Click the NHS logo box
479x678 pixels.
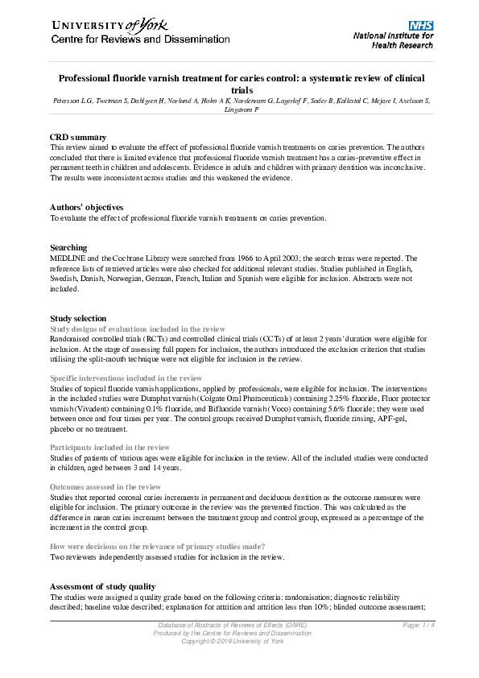pyautogui.click(x=420, y=26)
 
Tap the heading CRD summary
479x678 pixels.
pyautogui.click(x=78, y=138)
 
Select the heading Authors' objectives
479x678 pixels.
pyautogui.click(x=86, y=208)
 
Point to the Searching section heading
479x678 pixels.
pyautogui.click(x=68, y=247)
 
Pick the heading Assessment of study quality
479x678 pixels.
pyautogui.click(x=102, y=586)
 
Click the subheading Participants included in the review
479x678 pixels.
pyautogui.click(x=109, y=447)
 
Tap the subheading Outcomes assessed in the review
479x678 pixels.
pyautogui.click(x=105, y=486)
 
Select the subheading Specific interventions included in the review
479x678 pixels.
pyautogui.click(x=126, y=377)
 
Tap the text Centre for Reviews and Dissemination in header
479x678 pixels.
pyautogui.click(x=140, y=39)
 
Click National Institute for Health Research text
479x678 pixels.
pyautogui.click(x=394, y=41)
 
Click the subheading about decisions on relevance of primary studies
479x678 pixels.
pyautogui.click(x=158, y=546)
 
